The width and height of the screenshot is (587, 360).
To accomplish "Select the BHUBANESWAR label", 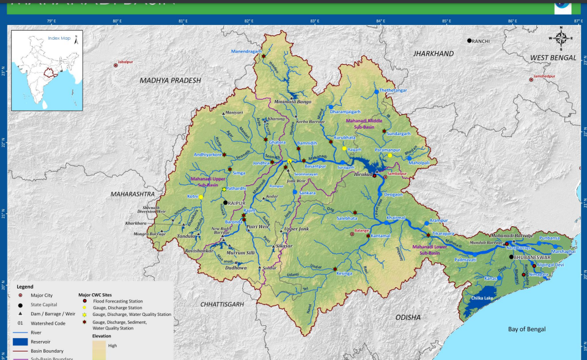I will [534, 258].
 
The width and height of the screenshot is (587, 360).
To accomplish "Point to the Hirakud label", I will [363, 174].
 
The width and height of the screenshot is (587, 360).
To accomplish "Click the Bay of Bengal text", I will [530, 329].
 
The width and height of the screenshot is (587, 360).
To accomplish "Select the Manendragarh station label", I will [246, 51].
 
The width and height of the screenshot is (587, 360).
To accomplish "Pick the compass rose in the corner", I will [561, 37].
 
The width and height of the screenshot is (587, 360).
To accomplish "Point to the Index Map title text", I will [59, 38].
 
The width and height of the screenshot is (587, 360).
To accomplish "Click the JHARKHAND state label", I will [434, 54].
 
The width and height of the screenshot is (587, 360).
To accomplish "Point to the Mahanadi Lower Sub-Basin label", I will [434, 249].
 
